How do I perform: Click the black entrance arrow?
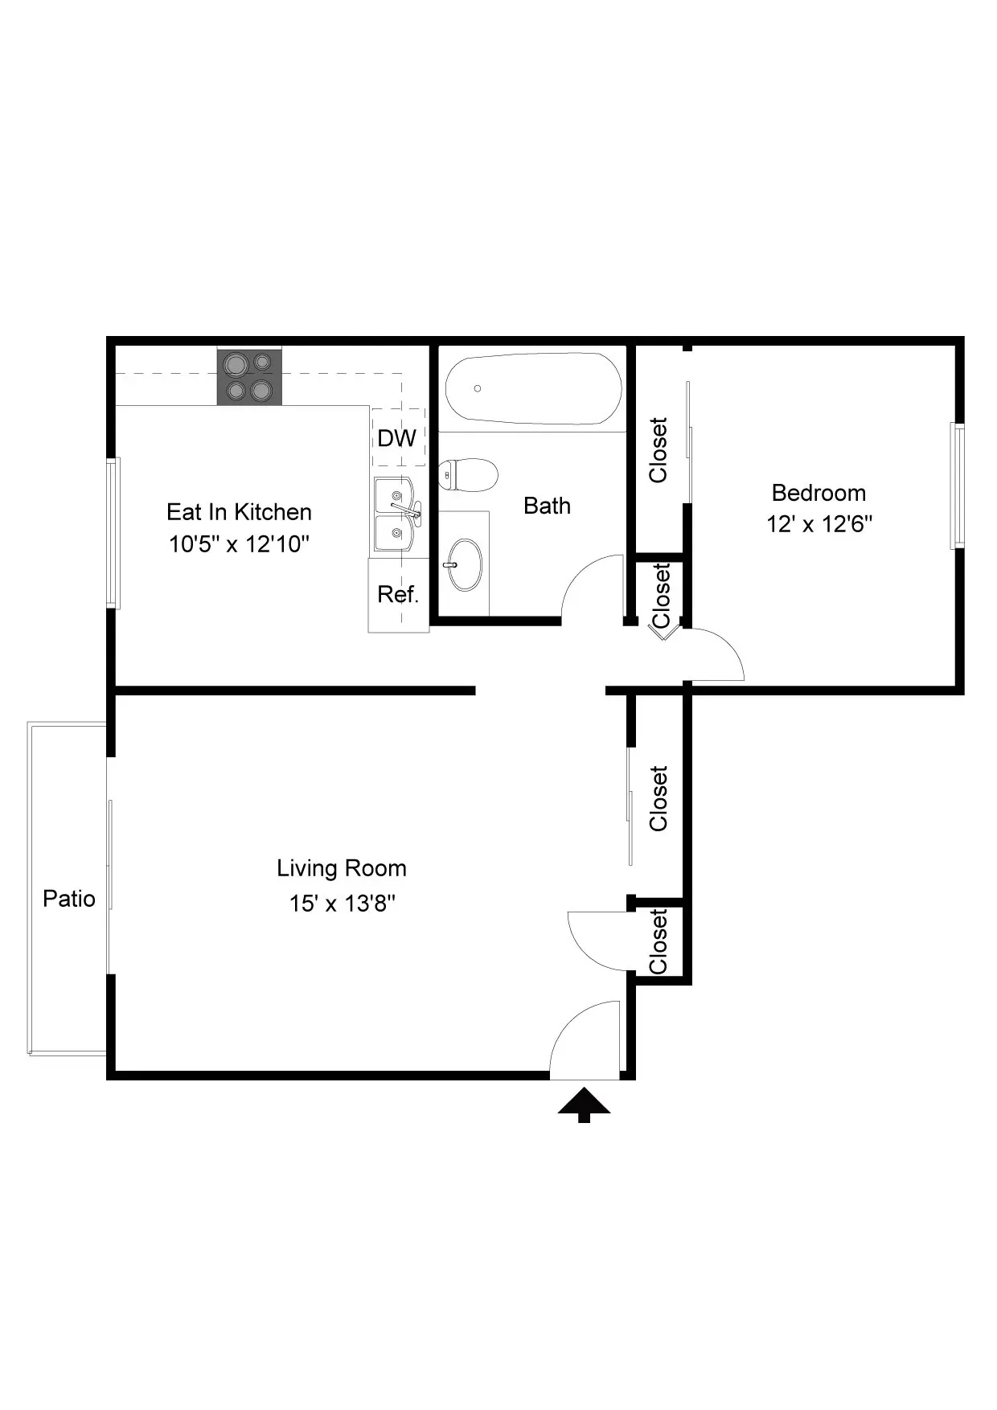coord(585,1105)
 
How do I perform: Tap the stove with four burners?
coord(249,377)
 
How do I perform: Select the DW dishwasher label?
coord(397,438)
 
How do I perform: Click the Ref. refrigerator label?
coord(398,594)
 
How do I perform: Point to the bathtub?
coord(534,389)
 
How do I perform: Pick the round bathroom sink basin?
coord(466,564)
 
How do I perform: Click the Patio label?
coord(69,898)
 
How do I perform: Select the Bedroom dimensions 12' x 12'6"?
coord(819,524)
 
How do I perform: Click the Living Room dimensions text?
coord(343,904)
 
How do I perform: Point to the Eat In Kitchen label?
coord(239,512)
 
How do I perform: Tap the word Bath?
coord(547,506)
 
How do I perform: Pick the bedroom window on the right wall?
coord(958,486)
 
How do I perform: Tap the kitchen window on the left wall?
coord(114,533)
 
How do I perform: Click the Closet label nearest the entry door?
coord(659,941)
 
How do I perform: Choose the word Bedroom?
coord(819,493)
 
